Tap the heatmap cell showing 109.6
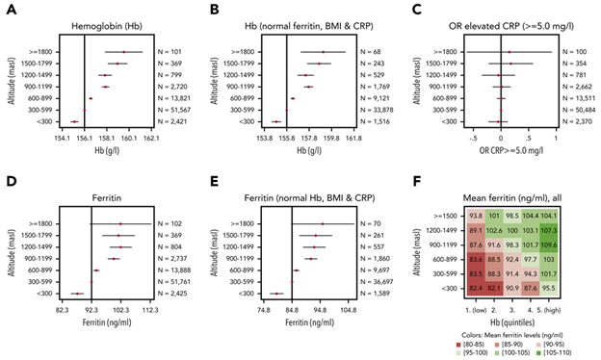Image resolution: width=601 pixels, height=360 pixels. pyautogui.click(x=577, y=244)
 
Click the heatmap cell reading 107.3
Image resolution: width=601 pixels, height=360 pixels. pyautogui.click(x=577, y=230)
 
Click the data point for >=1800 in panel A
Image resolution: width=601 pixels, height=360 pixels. pyautogui.click(x=122, y=51)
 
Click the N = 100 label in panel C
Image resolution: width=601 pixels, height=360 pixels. pyautogui.click(x=575, y=51)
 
